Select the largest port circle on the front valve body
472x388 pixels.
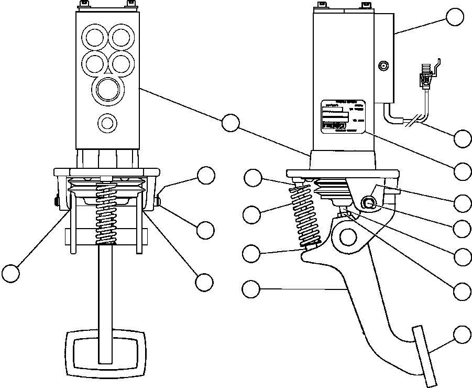pos(108,89)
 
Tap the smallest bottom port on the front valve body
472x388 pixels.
pos(107,123)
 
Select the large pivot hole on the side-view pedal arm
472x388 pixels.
pos(347,236)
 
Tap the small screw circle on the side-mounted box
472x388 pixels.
pos(383,66)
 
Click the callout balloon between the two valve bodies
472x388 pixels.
pos(230,123)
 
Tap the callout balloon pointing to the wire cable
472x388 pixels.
pos(463,138)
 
